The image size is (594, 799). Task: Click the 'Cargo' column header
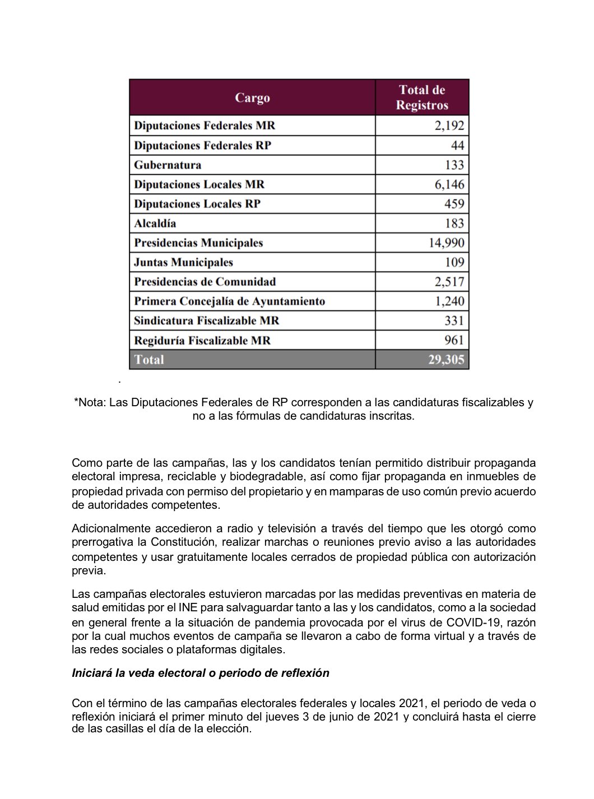[x=252, y=97]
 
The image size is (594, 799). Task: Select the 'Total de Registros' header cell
[x=422, y=97]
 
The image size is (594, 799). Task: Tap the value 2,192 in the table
[x=449, y=126]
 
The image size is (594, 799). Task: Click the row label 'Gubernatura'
[x=168, y=165]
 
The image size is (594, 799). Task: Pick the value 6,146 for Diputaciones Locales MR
[x=449, y=184]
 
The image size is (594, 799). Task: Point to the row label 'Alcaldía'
[x=155, y=224]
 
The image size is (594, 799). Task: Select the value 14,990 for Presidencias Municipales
[x=446, y=243]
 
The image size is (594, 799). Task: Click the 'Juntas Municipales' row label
[x=183, y=262]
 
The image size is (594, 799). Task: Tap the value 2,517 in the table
[x=449, y=282]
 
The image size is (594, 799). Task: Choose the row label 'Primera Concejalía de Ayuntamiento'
[x=229, y=301]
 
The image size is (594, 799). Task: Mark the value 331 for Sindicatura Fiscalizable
[x=454, y=320]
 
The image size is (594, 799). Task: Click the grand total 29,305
[x=446, y=360]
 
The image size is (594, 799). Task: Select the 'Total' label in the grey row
[x=149, y=360]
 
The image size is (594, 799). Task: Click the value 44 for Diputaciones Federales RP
[x=457, y=145]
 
